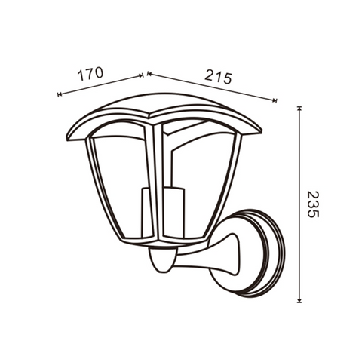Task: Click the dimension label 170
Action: coord(90,74)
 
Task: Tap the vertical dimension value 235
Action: coord(313,204)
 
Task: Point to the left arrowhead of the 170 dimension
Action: coord(60,94)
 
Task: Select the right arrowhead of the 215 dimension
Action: coord(275,100)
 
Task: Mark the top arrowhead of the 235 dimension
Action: coord(299,109)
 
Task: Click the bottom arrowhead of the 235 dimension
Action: coord(299,300)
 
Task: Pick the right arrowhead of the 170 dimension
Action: coord(141,75)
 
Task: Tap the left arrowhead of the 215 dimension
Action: coord(149,74)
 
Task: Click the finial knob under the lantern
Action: coord(162,260)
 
